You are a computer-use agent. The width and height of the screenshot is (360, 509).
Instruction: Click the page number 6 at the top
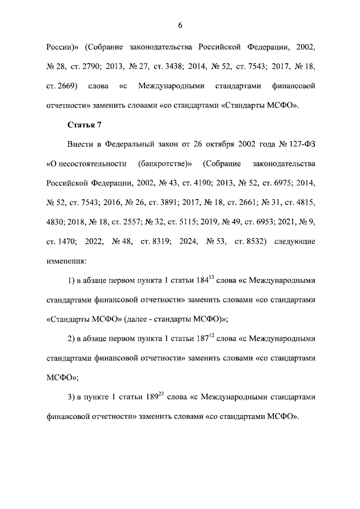pyautogui.click(x=181, y=25)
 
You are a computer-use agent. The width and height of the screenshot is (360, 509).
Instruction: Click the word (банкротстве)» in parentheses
pyautogui.click(x=165, y=164)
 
